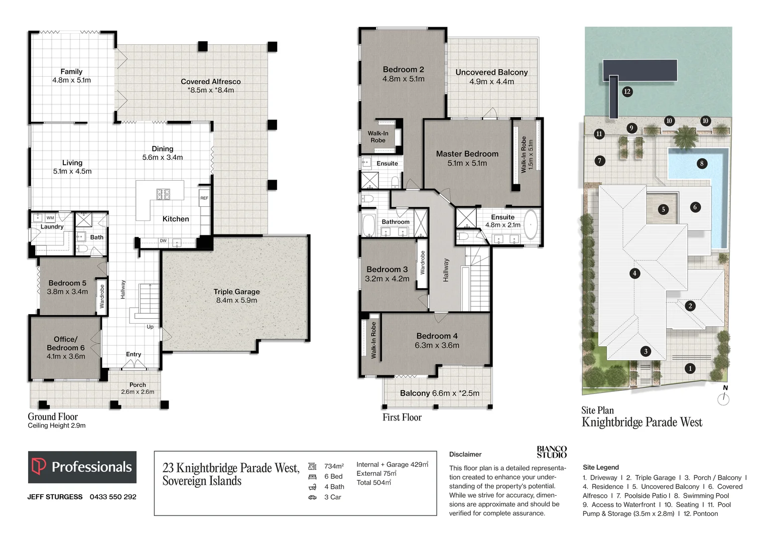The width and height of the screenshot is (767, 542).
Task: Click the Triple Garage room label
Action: [x=236, y=296]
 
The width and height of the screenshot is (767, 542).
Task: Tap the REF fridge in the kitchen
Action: [x=204, y=198]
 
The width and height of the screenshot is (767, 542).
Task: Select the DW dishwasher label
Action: [x=163, y=241]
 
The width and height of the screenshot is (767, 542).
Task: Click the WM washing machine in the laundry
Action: [x=50, y=218]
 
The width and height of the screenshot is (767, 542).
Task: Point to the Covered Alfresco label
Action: [x=211, y=86]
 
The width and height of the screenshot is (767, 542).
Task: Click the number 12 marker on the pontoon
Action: [x=627, y=91]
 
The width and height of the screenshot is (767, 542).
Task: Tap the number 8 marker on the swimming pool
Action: [x=702, y=163]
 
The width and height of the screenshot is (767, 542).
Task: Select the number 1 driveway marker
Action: [x=690, y=368]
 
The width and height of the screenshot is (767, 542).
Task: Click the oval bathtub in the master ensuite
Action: [x=531, y=224]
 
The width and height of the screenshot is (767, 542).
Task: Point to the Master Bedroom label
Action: [x=467, y=158]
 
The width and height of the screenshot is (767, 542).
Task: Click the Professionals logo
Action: [x=82, y=467]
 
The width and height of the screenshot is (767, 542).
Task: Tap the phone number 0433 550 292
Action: [x=113, y=497]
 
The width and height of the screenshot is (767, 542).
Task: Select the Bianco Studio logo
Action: [x=552, y=452]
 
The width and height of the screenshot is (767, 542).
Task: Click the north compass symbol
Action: [x=723, y=396]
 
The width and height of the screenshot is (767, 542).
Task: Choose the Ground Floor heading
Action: [x=53, y=417]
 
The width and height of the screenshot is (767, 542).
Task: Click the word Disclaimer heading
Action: [x=465, y=454]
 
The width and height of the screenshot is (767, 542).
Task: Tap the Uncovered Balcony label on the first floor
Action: [x=491, y=77]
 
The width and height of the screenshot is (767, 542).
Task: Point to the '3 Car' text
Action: [x=333, y=497]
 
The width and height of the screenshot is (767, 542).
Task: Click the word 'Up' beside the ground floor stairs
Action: [x=150, y=327]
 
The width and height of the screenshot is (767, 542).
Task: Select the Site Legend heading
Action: [x=601, y=467]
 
